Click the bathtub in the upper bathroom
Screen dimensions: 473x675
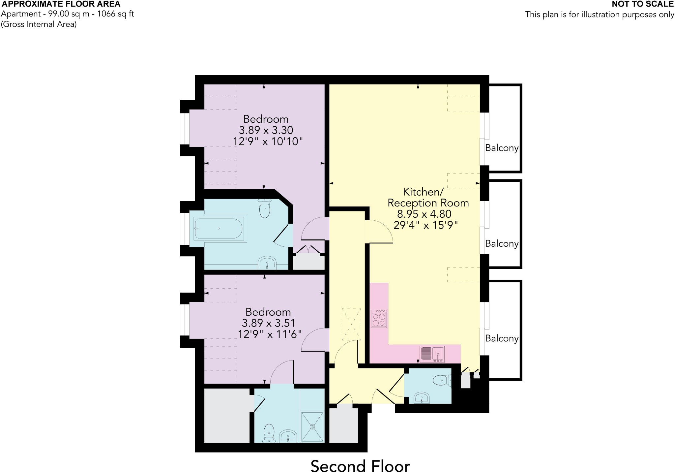coord(219,228)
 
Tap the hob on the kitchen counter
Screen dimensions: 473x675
coord(379,319)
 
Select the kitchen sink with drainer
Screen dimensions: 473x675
coord(432,354)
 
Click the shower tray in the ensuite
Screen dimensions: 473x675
coord(312,426)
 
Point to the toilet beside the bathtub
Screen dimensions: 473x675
coord(265,208)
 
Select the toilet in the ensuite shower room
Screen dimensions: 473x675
coord(269,432)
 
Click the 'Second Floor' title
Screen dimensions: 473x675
coord(360,466)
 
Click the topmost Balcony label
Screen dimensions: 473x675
coord(502,148)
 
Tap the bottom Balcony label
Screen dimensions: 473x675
coord(502,338)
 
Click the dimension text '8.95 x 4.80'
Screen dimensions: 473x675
coord(424,214)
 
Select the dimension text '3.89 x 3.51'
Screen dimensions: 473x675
coord(268,323)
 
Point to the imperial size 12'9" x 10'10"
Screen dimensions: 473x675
coord(268,142)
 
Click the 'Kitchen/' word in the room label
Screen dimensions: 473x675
coord(423,192)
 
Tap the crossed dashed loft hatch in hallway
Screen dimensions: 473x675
coord(351,324)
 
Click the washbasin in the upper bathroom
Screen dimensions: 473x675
coord(267,263)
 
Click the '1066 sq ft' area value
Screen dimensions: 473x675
coord(115,14)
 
